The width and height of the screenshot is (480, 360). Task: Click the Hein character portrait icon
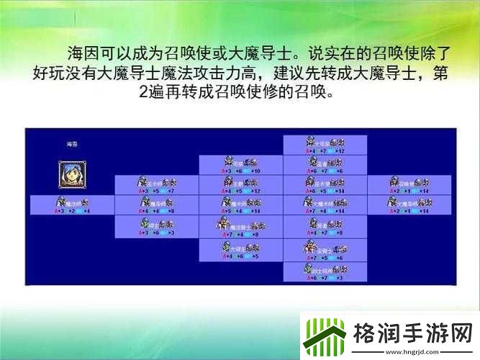coord(71,174)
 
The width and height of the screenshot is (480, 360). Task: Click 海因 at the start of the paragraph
coord(81,54)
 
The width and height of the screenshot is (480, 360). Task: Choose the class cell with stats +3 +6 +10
coord(240,166)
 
